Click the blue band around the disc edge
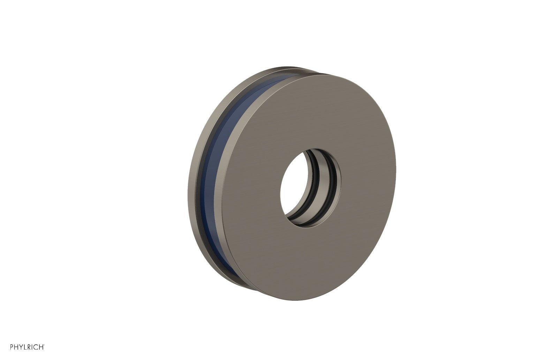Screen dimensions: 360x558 tap(209, 174)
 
